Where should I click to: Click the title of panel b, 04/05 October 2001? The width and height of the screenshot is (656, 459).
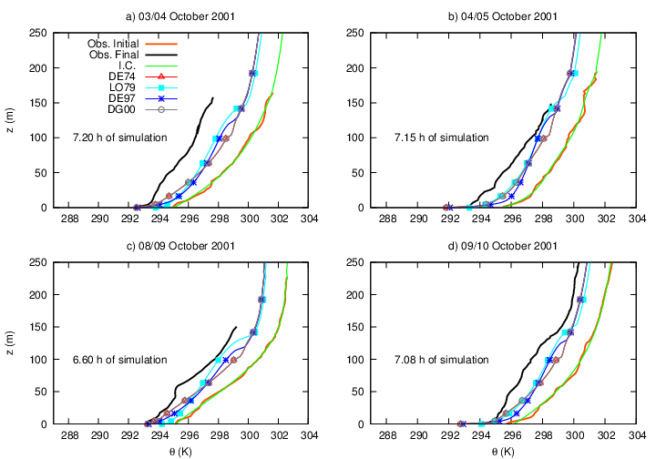504,16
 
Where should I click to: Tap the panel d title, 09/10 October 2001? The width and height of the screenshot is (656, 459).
504,246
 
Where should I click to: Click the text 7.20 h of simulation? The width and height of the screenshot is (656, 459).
119,138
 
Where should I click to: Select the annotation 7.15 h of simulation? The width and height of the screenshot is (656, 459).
441,138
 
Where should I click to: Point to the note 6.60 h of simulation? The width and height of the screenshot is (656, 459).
119,360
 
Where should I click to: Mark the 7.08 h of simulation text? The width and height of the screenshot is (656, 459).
441,360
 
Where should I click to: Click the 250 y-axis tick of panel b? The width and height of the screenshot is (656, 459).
356,33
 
